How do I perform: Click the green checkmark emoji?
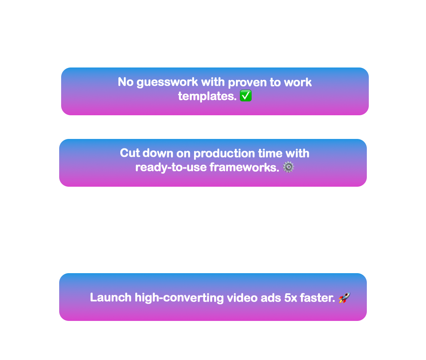(x=246, y=96)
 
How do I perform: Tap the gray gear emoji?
(x=288, y=167)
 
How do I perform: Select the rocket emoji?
(x=344, y=298)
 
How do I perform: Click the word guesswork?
(x=167, y=82)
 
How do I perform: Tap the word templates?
(x=207, y=96)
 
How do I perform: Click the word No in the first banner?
(x=125, y=82)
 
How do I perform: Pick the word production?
(x=224, y=154)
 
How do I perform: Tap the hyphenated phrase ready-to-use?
(x=171, y=168)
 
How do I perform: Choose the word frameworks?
(x=244, y=167)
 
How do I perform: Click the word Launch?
(x=110, y=298)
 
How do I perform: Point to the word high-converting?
(x=179, y=298)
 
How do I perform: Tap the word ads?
(x=271, y=298)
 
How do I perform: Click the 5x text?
(x=290, y=298)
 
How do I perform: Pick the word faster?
(x=317, y=298)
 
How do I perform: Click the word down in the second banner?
(x=158, y=153)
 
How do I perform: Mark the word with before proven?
(x=213, y=82)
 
